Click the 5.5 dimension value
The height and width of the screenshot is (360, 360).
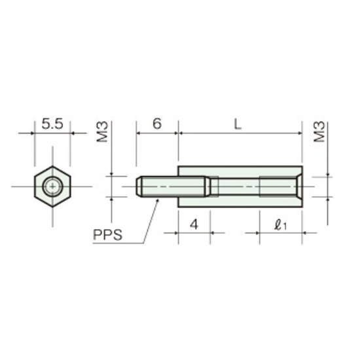[52, 124]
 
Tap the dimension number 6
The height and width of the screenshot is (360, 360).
[157, 124]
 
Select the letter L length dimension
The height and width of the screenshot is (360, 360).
[238, 124]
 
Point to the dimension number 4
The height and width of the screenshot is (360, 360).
[194, 225]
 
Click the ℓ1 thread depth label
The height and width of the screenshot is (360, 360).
[280, 225]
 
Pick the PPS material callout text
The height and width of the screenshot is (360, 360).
[108, 235]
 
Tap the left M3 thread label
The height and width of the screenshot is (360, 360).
[102, 132]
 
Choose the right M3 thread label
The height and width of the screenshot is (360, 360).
[319, 132]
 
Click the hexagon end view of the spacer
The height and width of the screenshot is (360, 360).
[52, 187]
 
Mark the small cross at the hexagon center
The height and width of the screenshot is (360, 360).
[52, 187]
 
